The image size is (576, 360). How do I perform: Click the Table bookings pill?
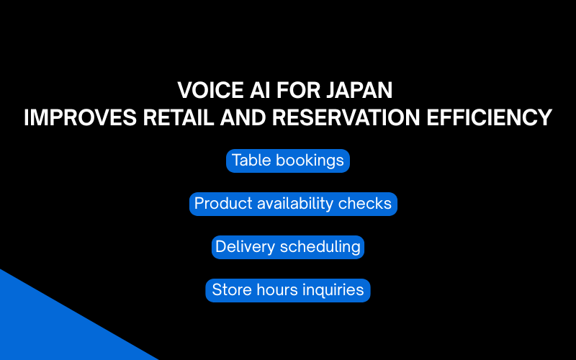(x=288, y=161)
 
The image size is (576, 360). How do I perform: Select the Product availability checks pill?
(x=293, y=204)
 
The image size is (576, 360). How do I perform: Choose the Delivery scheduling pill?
(x=288, y=247)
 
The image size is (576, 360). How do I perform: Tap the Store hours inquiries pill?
(x=288, y=290)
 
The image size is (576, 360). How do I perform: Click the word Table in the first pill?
(x=249, y=161)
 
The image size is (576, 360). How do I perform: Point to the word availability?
(x=296, y=204)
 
